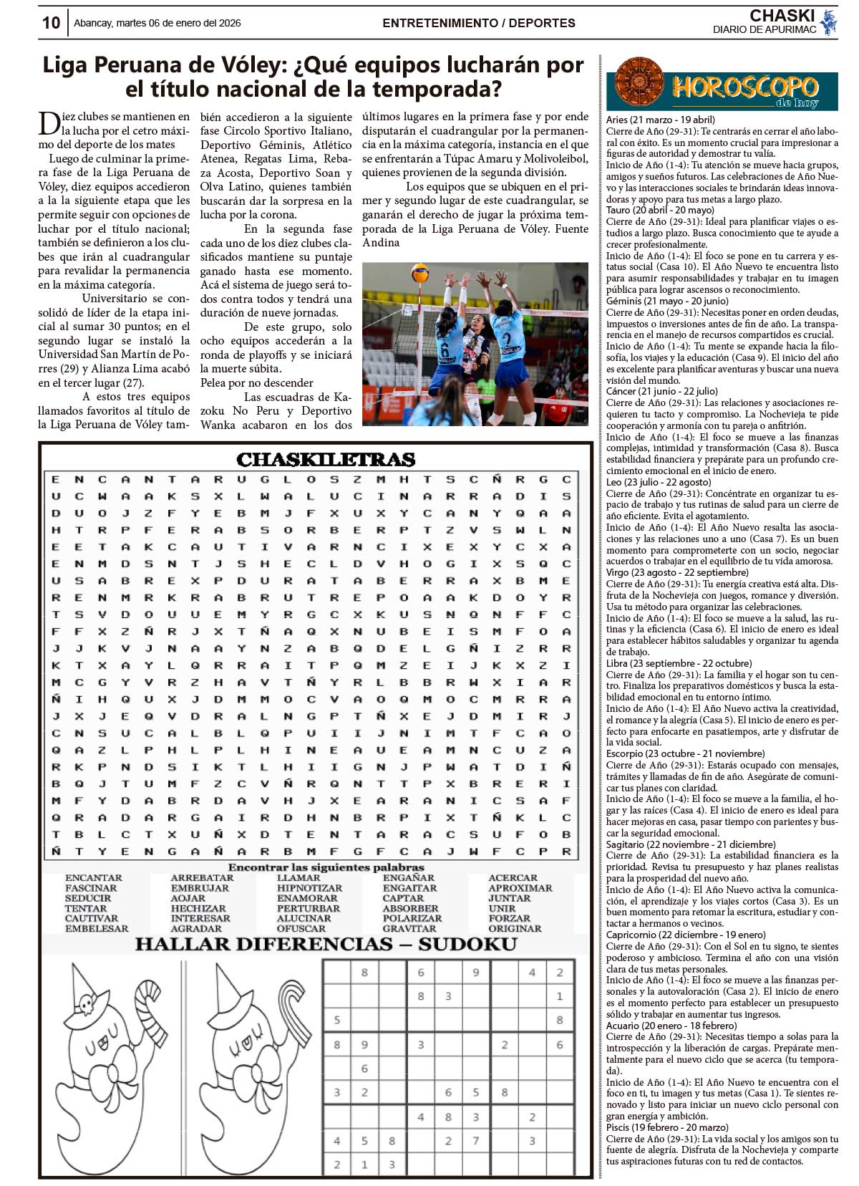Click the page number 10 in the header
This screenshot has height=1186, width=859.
click(51, 23)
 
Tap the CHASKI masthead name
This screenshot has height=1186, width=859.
click(782, 16)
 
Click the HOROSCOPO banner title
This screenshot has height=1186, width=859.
click(744, 88)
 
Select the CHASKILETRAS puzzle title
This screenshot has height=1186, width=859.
click(326, 460)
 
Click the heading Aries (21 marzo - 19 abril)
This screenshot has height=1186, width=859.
click(660, 120)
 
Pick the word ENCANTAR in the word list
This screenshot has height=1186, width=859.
click(94, 877)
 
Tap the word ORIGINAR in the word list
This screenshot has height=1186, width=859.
click(515, 928)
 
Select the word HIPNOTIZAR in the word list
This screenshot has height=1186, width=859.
click(309, 888)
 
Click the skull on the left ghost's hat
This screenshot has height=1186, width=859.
click(86, 1003)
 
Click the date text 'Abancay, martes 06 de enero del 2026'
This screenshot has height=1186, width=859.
click(157, 23)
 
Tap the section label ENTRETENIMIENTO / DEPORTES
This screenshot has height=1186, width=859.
click(479, 23)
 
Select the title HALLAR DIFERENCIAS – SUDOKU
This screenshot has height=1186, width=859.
click(326, 944)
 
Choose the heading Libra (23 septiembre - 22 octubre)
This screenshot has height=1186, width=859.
click(679, 663)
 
